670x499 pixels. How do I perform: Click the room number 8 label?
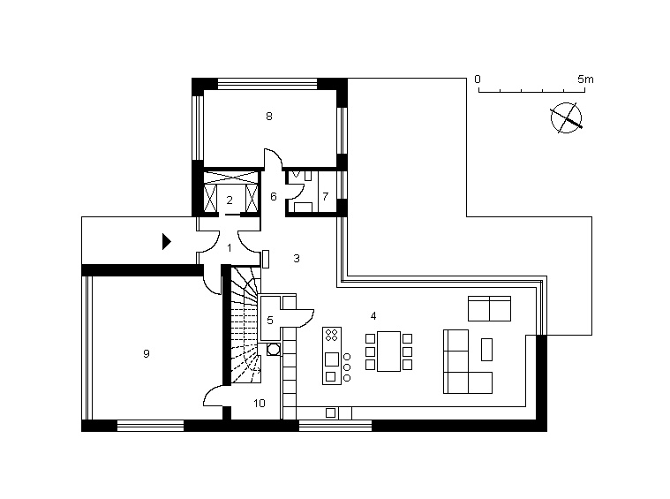pos(268,117)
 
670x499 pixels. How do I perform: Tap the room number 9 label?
pos(147,353)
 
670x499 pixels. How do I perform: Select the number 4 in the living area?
pos(373,316)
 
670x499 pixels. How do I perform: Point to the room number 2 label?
pos(230,200)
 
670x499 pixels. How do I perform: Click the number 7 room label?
pos(326,196)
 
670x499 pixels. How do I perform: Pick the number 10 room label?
pos(259,404)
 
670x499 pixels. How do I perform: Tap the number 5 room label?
pos(269,321)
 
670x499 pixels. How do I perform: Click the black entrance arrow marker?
pos(166,242)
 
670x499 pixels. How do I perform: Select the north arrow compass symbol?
pos(566,118)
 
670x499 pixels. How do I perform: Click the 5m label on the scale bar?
pos(585,79)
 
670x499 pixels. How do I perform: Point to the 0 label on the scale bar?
pos(478,79)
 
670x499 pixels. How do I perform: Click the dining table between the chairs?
pos(388,352)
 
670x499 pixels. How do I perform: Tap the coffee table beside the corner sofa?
pos(486,350)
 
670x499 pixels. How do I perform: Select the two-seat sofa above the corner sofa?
pos(489,308)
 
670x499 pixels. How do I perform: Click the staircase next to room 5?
pos(245,325)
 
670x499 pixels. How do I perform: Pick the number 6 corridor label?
pos(274,196)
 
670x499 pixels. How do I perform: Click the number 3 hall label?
pos(297,258)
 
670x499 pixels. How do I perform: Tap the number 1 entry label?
pos(230,248)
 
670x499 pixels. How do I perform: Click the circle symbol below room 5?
pos(273,350)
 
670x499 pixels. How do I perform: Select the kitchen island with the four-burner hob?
pos(332,356)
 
